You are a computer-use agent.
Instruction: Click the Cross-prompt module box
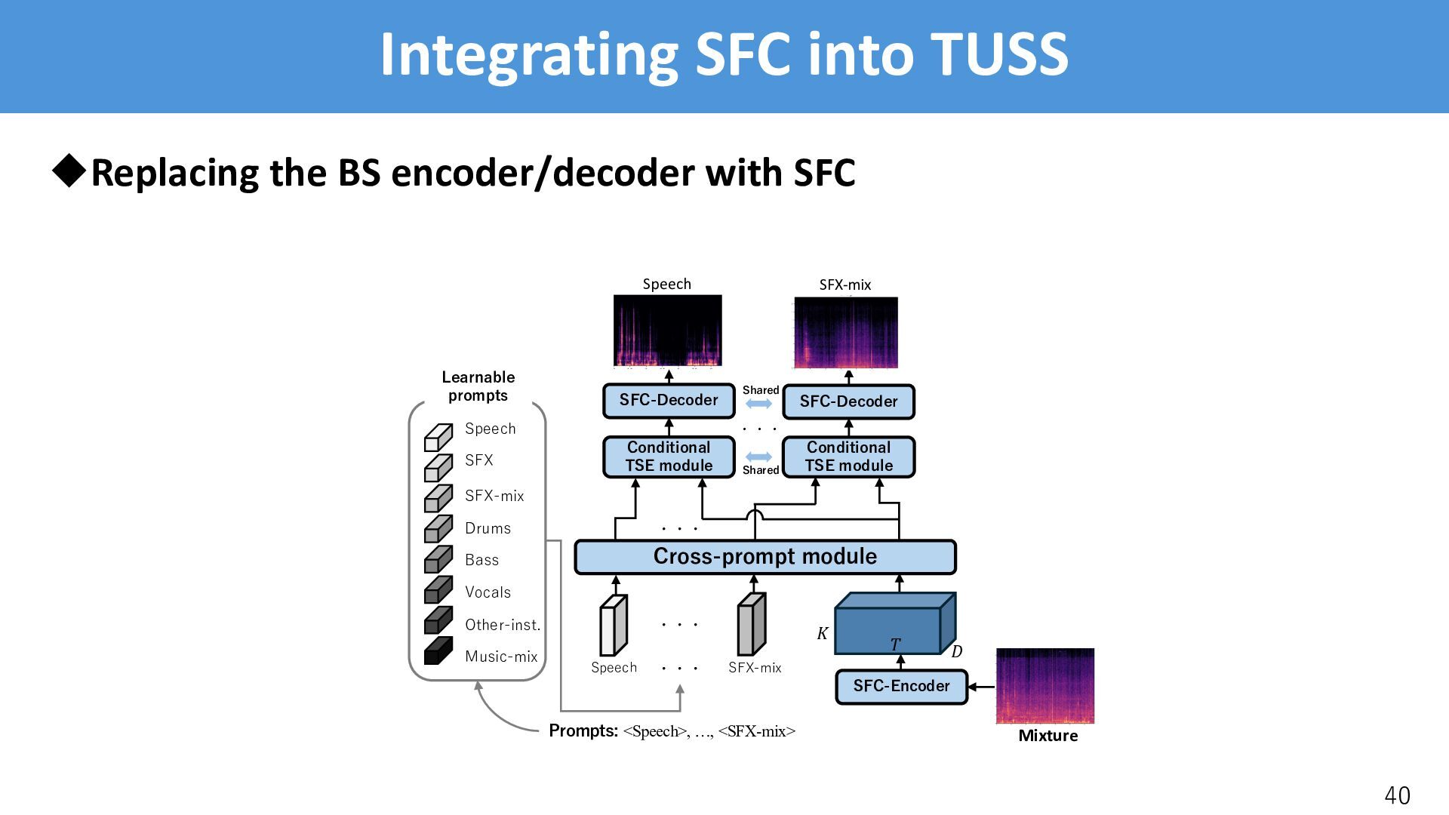click(764, 557)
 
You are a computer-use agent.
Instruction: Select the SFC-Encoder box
click(901, 687)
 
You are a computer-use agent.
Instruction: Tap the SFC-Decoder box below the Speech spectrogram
click(669, 401)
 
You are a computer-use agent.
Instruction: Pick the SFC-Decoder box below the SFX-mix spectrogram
click(848, 402)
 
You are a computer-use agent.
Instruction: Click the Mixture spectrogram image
click(1045, 685)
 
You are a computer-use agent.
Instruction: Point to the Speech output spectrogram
click(667, 331)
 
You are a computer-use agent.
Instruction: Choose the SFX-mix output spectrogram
click(846, 333)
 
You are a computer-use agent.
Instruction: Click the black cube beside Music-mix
click(438, 651)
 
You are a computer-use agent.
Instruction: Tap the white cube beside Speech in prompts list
click(438, 437)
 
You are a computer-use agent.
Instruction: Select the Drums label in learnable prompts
click(488, 528)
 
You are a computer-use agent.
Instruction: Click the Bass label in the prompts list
click(481, 560)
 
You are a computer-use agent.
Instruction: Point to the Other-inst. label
click(503, 625)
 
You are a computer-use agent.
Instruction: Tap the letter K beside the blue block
click(822, 634)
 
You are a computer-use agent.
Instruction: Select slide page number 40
click(1397, 795)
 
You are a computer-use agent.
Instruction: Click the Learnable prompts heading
click(478, 386)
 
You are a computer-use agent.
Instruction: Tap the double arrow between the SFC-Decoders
click(758, 404)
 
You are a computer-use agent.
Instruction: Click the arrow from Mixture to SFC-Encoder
click(981, 687)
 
